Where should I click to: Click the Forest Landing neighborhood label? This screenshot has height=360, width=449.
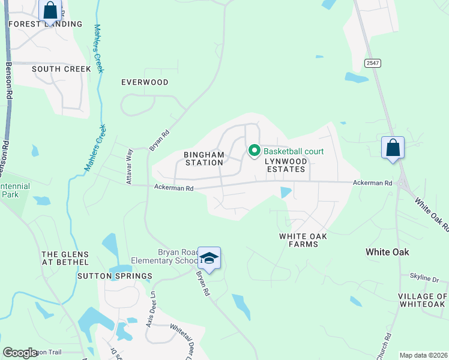[45, 24]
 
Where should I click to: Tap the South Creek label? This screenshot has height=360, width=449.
[61, 69]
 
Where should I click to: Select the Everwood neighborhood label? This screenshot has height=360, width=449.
[145, 82]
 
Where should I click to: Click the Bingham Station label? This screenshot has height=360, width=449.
[204, 158]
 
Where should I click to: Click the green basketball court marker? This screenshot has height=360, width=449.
[254, 151]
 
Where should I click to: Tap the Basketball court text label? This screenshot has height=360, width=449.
[294, 151]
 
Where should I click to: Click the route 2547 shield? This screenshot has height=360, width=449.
[372, 63]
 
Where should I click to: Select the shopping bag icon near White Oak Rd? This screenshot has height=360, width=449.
[393, 148]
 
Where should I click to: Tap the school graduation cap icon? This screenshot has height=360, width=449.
[209, 258]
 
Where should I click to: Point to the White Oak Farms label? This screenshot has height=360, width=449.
[303, 240]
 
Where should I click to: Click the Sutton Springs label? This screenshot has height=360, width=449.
[115, 276]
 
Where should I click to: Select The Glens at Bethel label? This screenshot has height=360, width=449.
[65, 258]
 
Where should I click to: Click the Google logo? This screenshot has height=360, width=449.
[20, 353]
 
